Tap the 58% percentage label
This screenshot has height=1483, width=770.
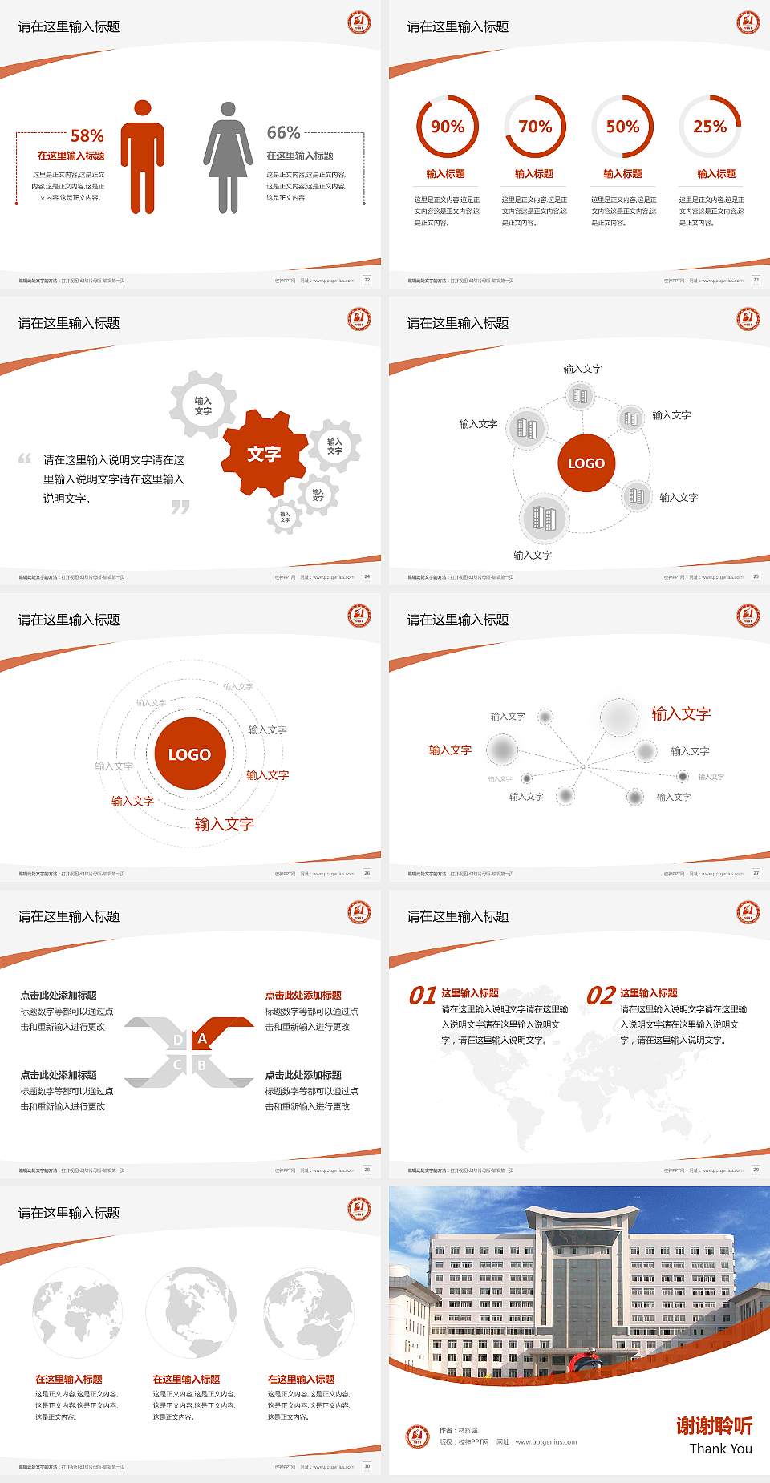pyautogui.click(x=87, y=135)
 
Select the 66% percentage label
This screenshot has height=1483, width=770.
pyautogui.click(x=283, y=132)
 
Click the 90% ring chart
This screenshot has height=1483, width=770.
pyautogui.click(x=447, y=127)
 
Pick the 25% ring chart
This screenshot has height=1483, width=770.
pyautogui.click(x=710, y=127)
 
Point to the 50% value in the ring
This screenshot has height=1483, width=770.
pyautogui.click(x=622, y=127)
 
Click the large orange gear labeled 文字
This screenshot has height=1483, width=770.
pyautogui.click(x=264, y=454)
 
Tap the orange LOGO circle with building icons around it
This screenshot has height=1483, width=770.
pyautogui.click(x=586, y=463)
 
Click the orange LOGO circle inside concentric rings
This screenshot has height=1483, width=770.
pyautogui.click(x=189, y=754)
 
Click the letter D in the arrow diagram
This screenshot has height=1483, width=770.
pyautogui.click(x=178, y=1040)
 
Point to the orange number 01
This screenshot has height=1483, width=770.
pyautogui.click(x=423, y=996)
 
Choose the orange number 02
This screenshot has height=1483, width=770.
pyautogui.click(x=601, y=996)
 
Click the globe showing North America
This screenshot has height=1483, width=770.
pyautogui.click(x=191, y=1312)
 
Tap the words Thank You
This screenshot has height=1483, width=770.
pyautogui.click(x=720, y=1448)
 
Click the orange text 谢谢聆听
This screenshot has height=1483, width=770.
pyautogui.click(x=714, y=1425)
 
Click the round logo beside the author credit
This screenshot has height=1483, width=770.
pyautogui.click(x=417, y=1436)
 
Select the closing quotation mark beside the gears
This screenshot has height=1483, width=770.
pyautogui.click(x=181, y=507)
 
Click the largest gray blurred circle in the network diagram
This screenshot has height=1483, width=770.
pyautogui.click(x=619, y=717)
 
